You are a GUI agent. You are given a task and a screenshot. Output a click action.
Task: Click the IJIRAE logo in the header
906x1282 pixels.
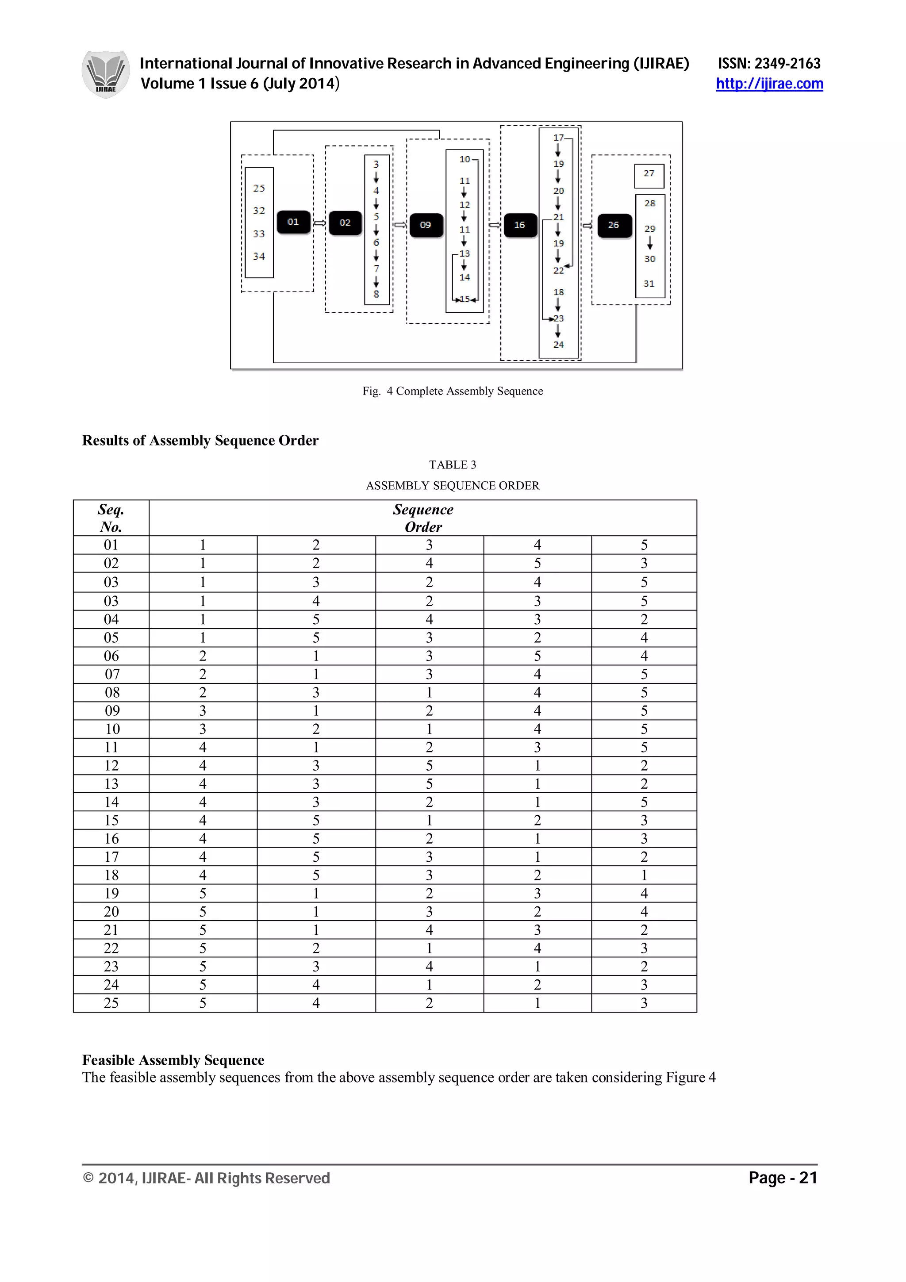(x=105, y=74)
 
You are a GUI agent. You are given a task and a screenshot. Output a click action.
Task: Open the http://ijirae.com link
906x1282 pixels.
(x=769, y=84)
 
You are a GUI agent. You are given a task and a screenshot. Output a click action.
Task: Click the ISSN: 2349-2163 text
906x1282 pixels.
(x=769, y=63)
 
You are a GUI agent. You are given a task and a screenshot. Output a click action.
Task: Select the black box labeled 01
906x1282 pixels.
(x=293, y=222)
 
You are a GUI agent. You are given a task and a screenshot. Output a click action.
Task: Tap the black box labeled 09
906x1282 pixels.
(x=426, y=225)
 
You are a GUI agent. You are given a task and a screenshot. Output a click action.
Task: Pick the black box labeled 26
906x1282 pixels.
(x=614, y=225)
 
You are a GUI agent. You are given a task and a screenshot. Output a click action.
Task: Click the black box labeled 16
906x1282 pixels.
(x=520, y=225)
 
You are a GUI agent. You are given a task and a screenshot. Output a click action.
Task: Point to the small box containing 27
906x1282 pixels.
(x=649, y=175)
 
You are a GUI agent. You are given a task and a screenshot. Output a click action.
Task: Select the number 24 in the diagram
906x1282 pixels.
(x=558, y=345)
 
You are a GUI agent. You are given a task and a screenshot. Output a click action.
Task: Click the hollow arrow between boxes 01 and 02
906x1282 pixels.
(x=319, y=223)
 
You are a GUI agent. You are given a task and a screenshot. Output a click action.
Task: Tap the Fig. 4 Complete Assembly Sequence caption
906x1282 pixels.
(x=452, y=391)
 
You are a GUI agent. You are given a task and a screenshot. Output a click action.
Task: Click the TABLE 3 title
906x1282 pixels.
(x=452, y=464)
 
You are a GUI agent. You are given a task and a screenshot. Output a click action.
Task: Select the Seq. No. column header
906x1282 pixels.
(x=111, y=518)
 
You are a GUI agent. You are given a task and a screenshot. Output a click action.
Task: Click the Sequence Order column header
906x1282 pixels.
(x=422, y=518)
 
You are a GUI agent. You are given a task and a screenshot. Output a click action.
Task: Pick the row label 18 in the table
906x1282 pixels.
(x=111, y=875)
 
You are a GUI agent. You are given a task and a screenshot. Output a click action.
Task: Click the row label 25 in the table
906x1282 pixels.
(x=111, y=1003)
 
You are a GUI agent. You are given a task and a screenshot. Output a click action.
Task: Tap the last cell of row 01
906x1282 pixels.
(x=644, y=545)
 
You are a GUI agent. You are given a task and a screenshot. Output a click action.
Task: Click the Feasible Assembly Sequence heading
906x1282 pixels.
(x=173, y=1060)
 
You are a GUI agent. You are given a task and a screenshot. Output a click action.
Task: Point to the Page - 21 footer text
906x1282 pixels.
(x=782, y=1178)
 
